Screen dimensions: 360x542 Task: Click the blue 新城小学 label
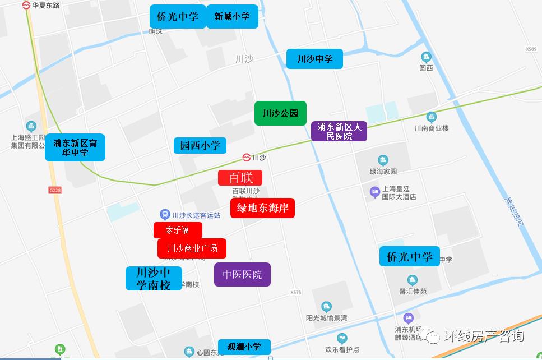coord(232,16)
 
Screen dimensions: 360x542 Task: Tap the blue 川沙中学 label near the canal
coord(314,59)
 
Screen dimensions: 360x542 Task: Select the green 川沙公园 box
coord(280,113)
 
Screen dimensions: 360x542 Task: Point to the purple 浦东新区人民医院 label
coord(339,131)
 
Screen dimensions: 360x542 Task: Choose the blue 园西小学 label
coord(200,146)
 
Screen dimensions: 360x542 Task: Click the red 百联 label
coord(240,178)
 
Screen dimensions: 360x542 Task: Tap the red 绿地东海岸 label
coord(262,208)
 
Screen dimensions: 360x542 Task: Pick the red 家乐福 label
coord(178,230)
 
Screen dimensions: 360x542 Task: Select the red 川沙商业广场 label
coord(192,248)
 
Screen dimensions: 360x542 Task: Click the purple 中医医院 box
coord(242,275)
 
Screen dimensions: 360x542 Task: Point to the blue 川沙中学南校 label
coord(154,278)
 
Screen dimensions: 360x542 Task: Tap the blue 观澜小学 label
coord(244,347)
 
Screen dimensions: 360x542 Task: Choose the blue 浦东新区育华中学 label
coord(75,147)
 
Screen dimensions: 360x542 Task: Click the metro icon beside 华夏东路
coord(26,5)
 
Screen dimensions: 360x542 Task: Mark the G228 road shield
coord(55,191)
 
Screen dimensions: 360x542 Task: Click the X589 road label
coord(531,49)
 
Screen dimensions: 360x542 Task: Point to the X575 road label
coord(297,293)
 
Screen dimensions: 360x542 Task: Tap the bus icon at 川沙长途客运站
coord(165,214)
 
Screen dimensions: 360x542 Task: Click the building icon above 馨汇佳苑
coord(413,280)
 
